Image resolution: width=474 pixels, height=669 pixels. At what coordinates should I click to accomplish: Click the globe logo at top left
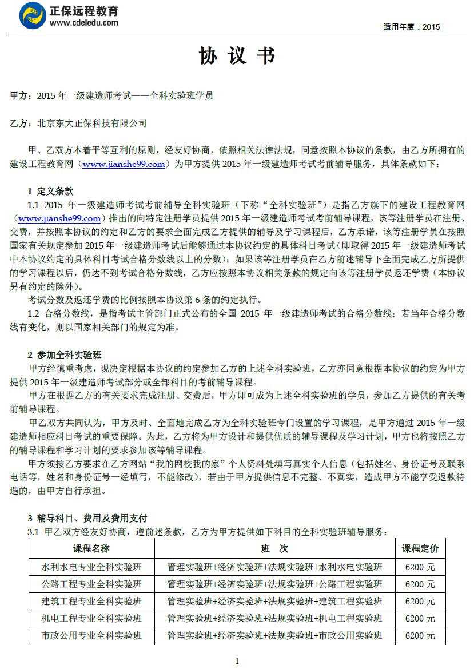(x=33, y=16)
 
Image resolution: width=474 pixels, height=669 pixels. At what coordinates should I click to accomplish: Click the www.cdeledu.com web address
(x=84, y=23)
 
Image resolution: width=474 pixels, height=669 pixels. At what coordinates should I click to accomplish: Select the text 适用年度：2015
(x=411, y=27)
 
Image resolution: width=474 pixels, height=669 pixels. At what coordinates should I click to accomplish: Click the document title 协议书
(x=237, y=56)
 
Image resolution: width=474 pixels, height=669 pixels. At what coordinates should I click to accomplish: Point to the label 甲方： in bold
(x=22, y=96)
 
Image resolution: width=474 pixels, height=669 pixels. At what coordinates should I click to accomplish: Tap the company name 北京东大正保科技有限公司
(x=91, y=123)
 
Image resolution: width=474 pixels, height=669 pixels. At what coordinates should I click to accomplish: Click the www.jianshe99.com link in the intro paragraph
(x=124, y=165)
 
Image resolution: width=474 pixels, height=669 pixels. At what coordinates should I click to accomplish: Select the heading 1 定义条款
(x=50, y=191)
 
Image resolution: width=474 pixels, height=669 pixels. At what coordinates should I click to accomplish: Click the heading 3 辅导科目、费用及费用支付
(x=87, y=519)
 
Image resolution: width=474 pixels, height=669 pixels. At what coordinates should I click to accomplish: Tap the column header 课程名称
(x=91, y=549)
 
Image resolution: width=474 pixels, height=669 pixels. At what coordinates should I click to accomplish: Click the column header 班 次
(x=274, y=549)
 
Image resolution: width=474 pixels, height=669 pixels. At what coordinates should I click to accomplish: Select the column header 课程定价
(x=420, y=549)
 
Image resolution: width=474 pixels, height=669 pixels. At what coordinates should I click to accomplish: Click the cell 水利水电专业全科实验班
(x=91, y=567)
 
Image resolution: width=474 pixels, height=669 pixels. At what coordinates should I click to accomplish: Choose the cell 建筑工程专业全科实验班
(x=91, y=602)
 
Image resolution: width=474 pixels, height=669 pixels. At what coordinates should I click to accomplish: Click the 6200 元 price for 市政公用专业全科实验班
(x=420, y=636)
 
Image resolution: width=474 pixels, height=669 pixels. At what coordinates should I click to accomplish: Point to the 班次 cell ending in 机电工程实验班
(x=274, y=619)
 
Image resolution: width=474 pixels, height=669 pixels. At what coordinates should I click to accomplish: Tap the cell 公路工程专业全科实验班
(x=91, y=584)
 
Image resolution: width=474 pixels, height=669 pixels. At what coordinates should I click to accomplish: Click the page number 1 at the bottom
(x=237, y=662)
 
